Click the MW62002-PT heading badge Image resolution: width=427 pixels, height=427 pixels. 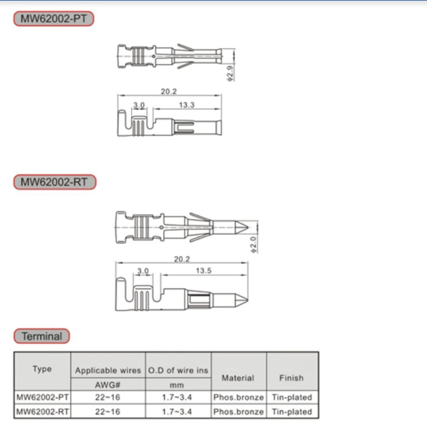pyautogui.click(x=54, y=18)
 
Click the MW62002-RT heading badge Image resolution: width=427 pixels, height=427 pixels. pyautogui.click(x=55, y=182)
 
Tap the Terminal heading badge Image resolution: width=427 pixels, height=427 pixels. pyautogui.click(x=41, y=336)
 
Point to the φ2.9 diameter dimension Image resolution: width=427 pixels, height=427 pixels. pyautogui.click(x=231, y=73)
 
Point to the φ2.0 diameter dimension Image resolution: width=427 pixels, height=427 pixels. pyautogui.click(x=254, y=245)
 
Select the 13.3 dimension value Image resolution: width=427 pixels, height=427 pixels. pyautogui.click(x=187, y=105)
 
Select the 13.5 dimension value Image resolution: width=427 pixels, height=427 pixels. pyautogui.click(x=203, y=271)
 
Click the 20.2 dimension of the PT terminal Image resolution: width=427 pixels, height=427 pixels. pyautogui.click(x=168, y=91)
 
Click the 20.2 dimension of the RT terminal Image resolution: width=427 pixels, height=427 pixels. pyautogui.click(x=182, y=259)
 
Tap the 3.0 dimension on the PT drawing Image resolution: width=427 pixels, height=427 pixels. pyautogui.click(x=139, y=105)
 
